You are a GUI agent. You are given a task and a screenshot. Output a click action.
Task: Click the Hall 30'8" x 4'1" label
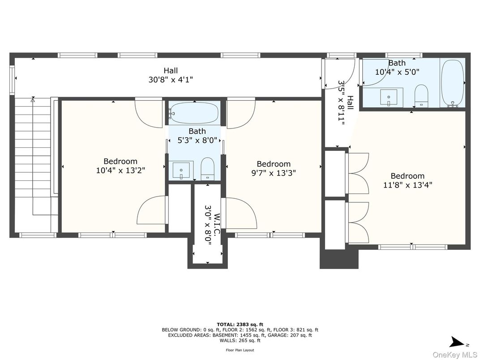(x=170, y=75)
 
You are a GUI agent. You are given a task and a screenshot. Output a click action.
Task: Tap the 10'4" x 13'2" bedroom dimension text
(x=120, y=171)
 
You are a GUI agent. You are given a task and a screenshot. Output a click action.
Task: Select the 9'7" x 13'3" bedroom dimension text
(x=273, y=173)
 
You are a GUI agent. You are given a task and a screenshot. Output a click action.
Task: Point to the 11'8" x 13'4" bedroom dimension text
(x=407, y=184)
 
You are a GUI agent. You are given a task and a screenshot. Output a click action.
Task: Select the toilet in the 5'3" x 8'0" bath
(x=207, y=168)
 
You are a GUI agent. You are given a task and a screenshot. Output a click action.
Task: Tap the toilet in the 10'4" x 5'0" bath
(x=422, y=96)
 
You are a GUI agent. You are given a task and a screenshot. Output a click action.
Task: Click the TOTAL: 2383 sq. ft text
(x=240, y=324)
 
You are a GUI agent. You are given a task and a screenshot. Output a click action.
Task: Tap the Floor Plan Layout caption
(x=240, y=350)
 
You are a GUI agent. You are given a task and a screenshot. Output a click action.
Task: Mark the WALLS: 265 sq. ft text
(x=240, y=340)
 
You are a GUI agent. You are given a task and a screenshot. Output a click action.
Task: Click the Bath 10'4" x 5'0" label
(x=397, y=67)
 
